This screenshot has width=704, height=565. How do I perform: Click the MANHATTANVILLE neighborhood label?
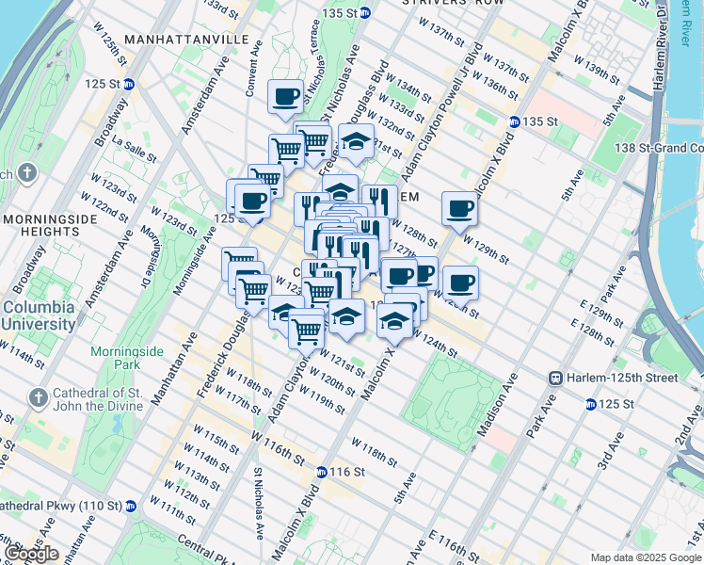186,40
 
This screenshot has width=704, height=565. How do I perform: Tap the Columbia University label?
39,315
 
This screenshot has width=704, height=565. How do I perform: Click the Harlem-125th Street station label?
614,378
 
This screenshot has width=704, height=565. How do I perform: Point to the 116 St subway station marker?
322,472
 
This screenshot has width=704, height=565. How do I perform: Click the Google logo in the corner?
31,554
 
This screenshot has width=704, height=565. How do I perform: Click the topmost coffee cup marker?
286,95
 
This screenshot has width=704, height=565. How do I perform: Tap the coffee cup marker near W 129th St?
459,208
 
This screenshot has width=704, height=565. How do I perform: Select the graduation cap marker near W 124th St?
394,322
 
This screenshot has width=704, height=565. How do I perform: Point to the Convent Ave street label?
252,65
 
